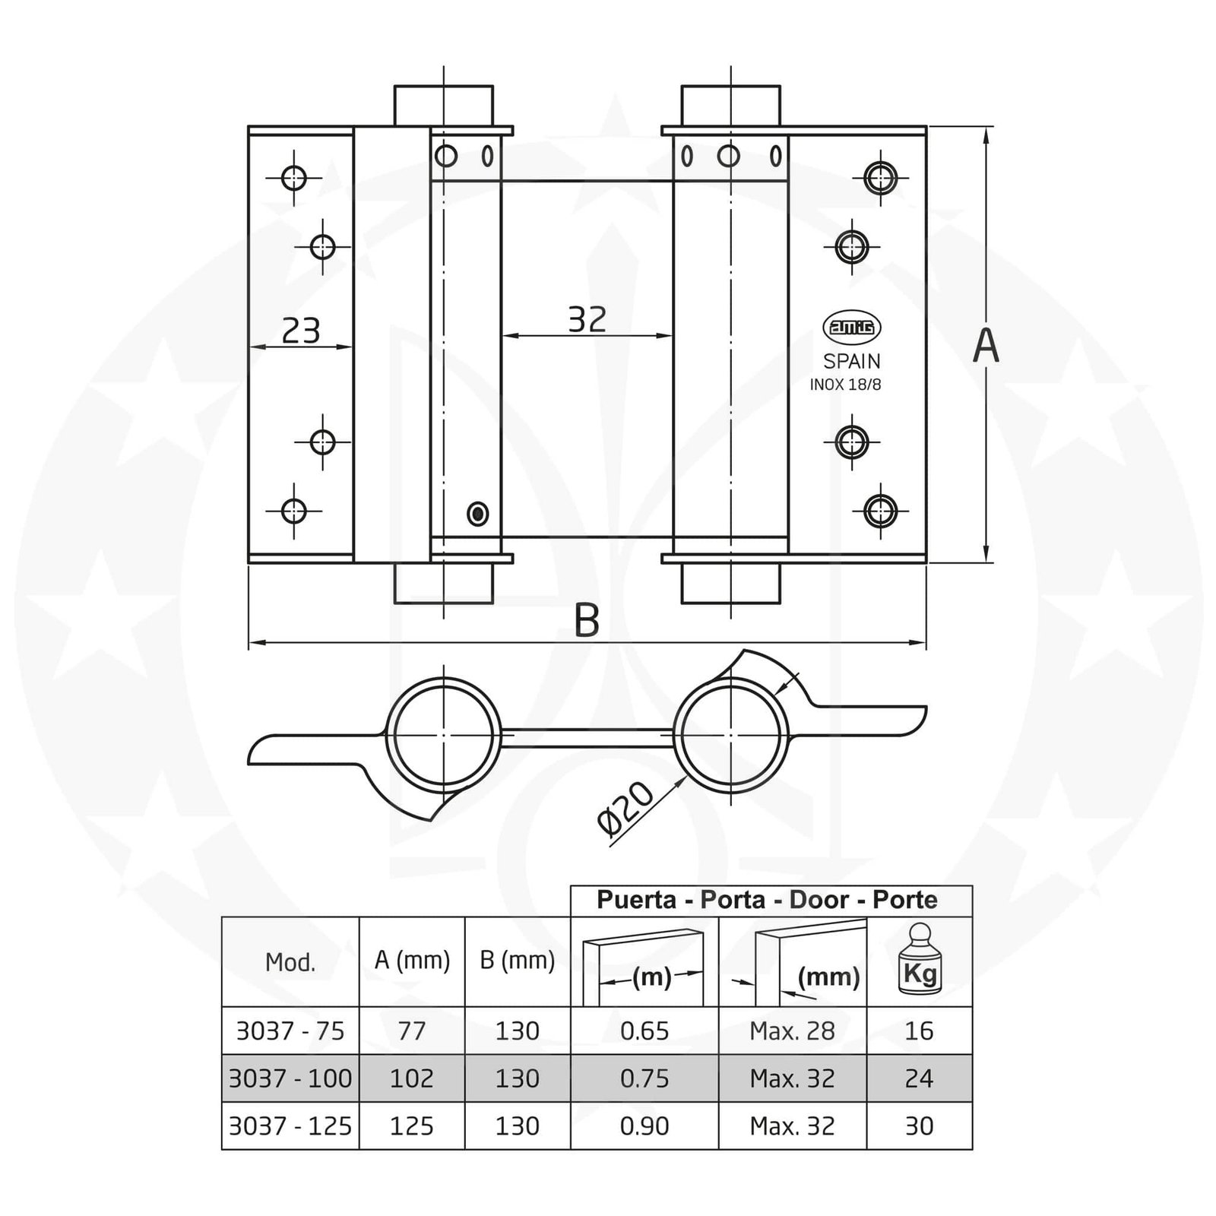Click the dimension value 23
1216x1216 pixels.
(x=301, y=331)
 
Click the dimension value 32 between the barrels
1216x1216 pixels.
(x=587, y=320)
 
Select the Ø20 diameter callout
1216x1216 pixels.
(x=625, y=809)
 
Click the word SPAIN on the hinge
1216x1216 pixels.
(x=852, y=361)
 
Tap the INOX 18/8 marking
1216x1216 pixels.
(x=845, y=385)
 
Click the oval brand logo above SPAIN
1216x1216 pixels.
(x=852, y=327)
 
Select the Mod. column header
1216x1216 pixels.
(x=290, y=963)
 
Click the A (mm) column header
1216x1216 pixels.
(x=412, y=961)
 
